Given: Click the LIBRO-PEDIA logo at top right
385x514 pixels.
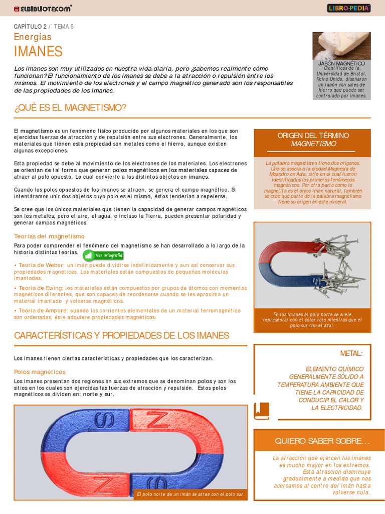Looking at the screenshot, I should pos(349,8).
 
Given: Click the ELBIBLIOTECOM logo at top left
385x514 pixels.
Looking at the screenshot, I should pos(43,9).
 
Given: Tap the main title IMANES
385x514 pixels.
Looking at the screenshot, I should pos(38,51).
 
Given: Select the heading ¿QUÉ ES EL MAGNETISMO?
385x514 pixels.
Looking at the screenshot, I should pos(70,108).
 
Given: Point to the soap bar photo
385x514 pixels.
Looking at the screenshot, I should pos(341,46).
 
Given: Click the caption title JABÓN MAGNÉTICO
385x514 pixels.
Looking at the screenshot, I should pos(341,64).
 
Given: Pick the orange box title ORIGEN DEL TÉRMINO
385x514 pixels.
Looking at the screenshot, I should pos(313,136).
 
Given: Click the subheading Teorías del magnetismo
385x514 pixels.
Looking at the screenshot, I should pos(49,236).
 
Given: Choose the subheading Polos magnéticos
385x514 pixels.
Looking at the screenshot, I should pos(40,372).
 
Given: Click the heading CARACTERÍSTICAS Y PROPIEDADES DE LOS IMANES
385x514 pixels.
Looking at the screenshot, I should pos(121,335).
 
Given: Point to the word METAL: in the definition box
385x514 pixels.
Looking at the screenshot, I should pos(351,353).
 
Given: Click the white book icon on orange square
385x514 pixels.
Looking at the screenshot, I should pos(262,411).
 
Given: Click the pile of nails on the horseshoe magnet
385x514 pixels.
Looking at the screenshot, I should pos(341,266).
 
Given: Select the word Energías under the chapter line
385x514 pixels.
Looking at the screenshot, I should pos(33,37).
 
